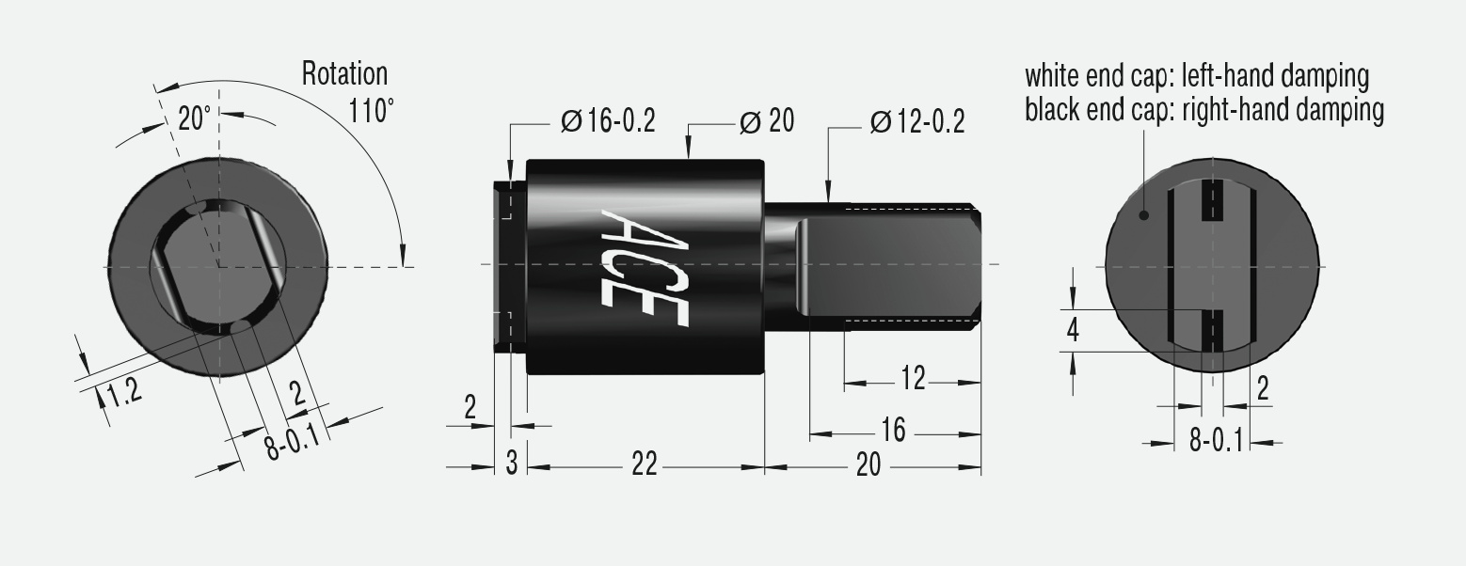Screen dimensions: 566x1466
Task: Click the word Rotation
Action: click(x=344, y=73)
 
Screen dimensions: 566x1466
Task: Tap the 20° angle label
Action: click(x=195, y=118)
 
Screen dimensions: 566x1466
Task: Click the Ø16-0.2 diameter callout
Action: click(x=607, y=122)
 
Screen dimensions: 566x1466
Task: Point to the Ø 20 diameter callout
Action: click(x=766, y=121)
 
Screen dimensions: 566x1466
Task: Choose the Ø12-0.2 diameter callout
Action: click(x=916, y=122)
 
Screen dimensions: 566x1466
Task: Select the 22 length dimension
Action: click(x=644, y=464)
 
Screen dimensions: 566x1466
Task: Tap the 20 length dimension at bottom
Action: click(x=868, y=464)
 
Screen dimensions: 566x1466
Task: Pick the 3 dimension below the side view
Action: click(x=512, y=464)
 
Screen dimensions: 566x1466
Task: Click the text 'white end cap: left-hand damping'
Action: click(x=1196, y=74)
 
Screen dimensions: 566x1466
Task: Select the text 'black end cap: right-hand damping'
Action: click(x=1204, y=110)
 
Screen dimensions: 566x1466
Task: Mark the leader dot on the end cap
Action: click(x=1144, y=215)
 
